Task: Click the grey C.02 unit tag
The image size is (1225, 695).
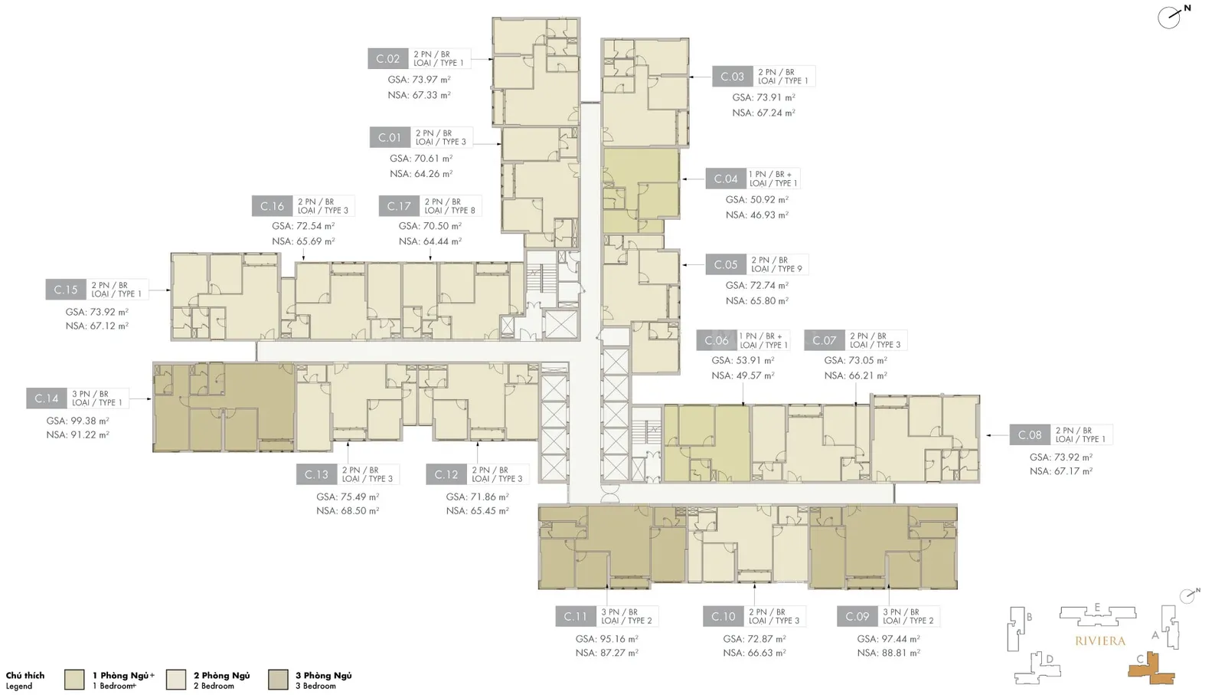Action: pos(388,58)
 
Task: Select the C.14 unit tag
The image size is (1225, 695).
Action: pos(47,398)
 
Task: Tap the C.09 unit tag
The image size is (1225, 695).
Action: pos(857,617)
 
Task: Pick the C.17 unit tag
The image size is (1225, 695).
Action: pos(399,206)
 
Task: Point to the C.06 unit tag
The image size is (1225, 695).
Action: pos(717,340)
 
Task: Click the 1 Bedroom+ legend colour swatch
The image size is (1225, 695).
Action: pos(74,680)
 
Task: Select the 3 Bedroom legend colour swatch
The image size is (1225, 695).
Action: pos(279,680)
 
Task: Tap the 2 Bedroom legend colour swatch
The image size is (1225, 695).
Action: pos(176,680)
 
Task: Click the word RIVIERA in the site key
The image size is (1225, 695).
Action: pos(1099,641)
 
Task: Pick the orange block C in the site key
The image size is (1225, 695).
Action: pos(1151,670)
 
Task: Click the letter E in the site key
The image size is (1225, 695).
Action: pos(1097,607)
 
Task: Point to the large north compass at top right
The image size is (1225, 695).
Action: pos(1170,18)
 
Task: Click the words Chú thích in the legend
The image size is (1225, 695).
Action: pos(25,675)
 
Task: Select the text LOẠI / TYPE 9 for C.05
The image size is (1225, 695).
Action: pos(776,269)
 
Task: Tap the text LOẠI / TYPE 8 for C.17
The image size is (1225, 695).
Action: pos(450,211)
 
